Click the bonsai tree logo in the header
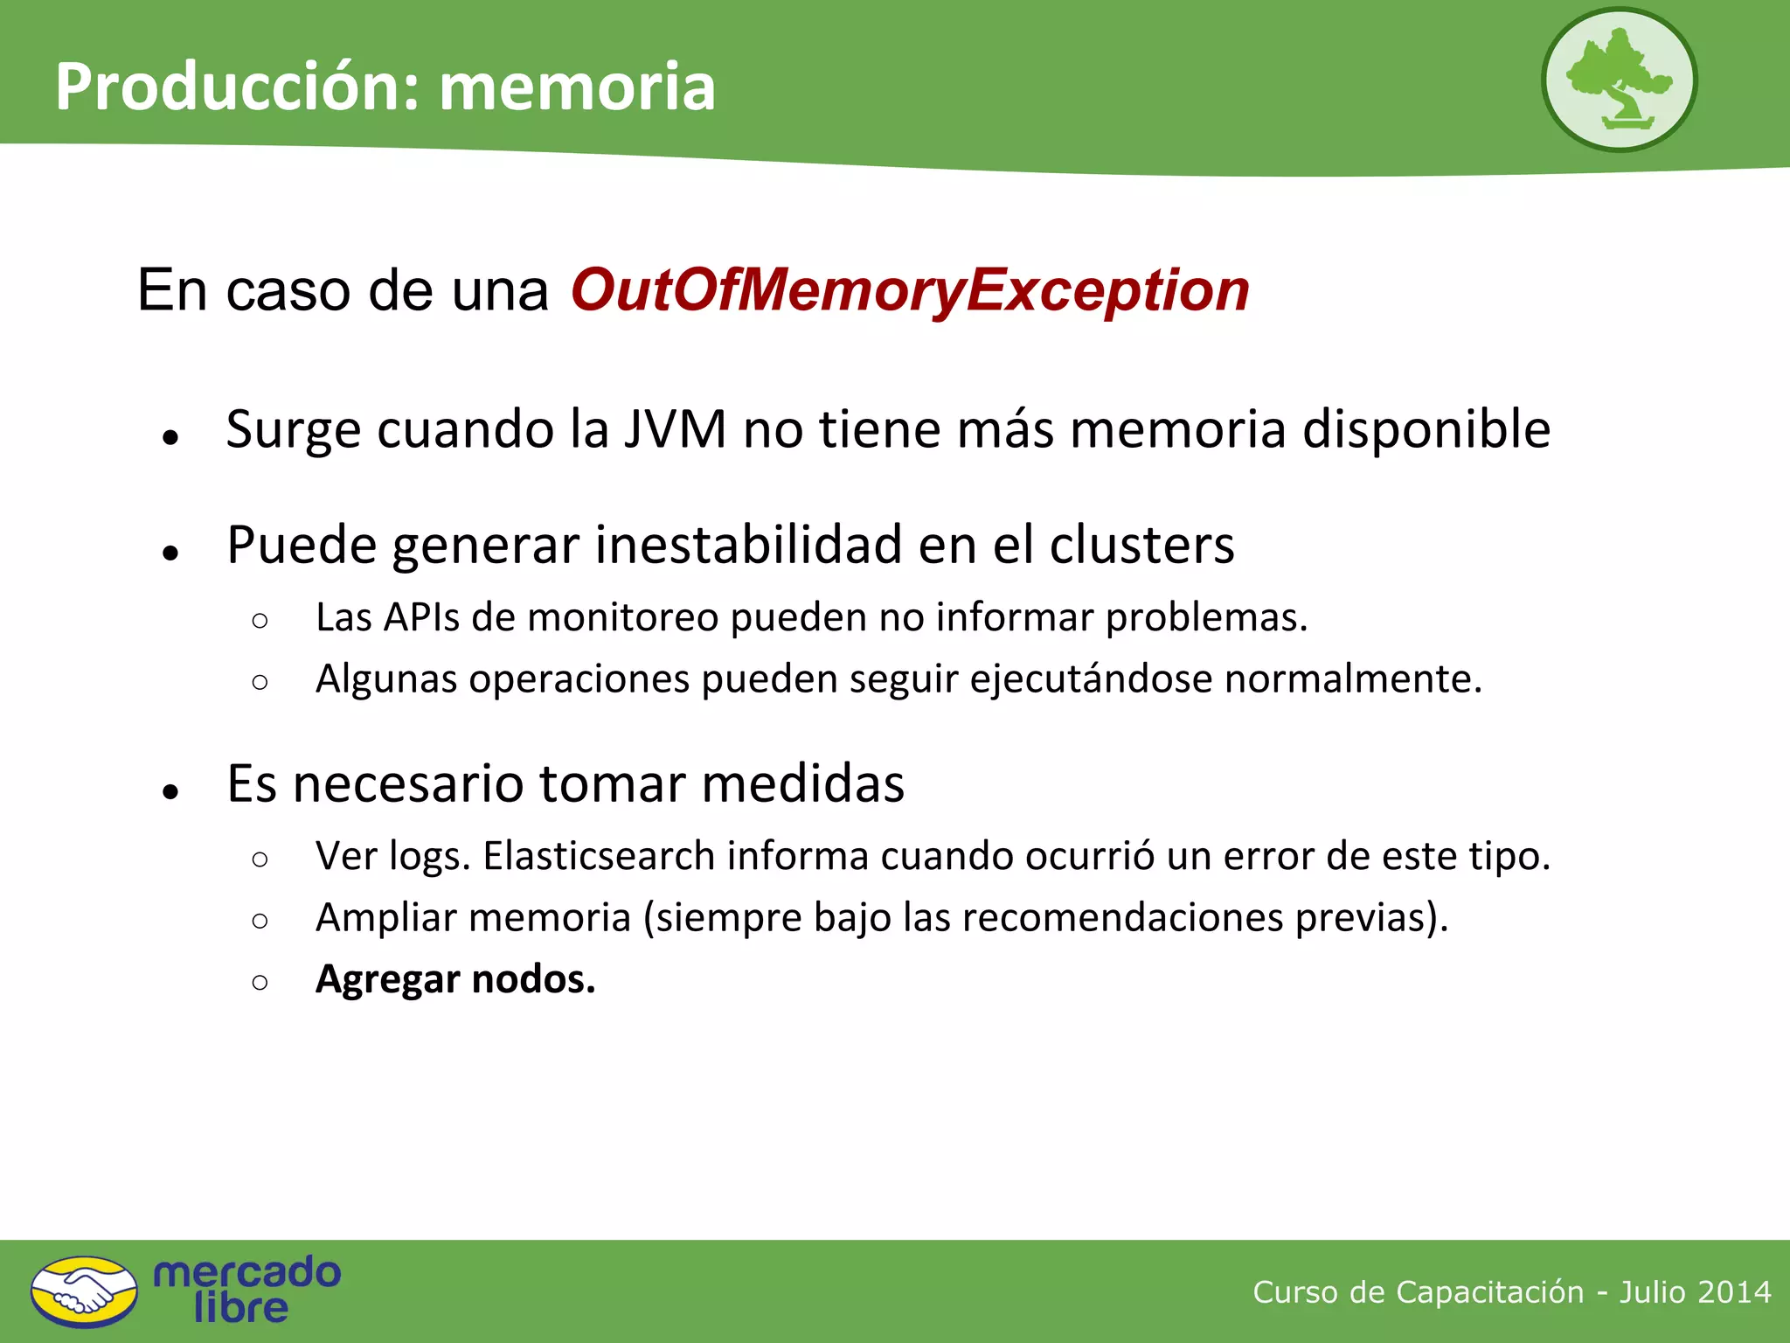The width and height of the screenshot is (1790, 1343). [1619, 80]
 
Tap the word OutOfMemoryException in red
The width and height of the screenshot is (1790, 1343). [910, 290]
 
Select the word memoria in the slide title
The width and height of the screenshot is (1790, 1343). [577, 87]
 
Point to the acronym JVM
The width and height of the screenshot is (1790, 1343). [675, 429]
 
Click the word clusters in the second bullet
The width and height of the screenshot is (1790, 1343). [1141, 546]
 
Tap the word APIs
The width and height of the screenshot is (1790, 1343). [422, 617]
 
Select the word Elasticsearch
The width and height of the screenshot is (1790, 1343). [599, 856]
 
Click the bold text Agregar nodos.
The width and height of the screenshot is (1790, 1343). [455, 979]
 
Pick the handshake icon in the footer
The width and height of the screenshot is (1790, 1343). [84, 1291]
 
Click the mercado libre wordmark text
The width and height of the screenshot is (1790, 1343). [246, 1290]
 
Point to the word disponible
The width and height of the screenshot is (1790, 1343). [1426, 429]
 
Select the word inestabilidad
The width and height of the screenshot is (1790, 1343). [747, 546]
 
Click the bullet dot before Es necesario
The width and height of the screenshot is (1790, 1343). [170, 791]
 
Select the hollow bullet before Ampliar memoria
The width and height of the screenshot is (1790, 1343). [260, 920]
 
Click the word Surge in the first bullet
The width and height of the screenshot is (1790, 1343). [293, 431]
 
